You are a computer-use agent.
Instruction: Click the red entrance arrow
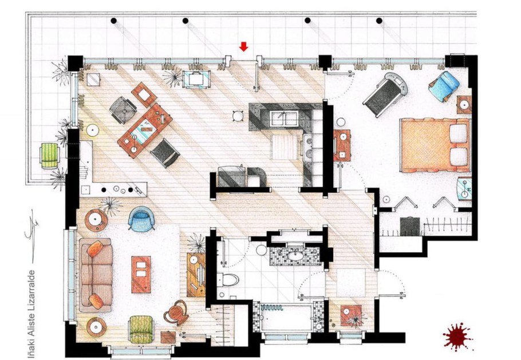[x=243, y=46]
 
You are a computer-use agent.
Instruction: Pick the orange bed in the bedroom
[x=435, y=145]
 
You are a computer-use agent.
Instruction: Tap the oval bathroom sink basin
[x=295, y=256]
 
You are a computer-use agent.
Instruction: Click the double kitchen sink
[x=284, y=118]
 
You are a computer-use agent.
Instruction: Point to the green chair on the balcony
[x=50, y=156]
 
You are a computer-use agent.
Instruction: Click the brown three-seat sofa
[x=96, y=275]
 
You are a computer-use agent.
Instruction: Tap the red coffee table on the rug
[x=141, y=274]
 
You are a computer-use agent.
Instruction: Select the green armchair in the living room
[x=141, y=329]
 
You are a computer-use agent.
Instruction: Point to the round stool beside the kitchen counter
[x=238, y=116]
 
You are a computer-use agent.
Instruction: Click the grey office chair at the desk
[x=123, y=109]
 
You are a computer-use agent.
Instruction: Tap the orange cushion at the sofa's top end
[x=94, y=248]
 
